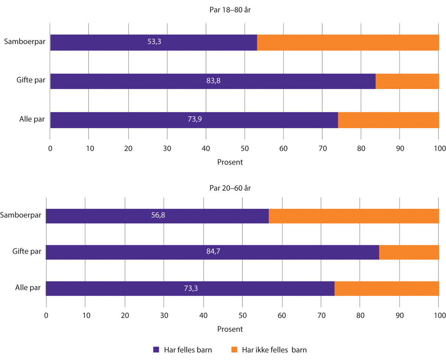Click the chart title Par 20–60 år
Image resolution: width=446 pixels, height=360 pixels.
[230, 188]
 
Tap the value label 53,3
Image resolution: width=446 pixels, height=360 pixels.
[154, 42]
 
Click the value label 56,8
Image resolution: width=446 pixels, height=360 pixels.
[157, 215]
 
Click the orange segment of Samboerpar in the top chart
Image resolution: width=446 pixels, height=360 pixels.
[348, 43]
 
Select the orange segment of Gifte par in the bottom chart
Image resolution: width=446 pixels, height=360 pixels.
[408, 252]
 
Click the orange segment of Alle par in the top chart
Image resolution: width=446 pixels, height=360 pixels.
[388, 120]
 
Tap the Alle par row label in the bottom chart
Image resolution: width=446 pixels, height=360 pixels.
[28, 288]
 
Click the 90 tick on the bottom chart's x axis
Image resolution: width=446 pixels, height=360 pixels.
[400, 316]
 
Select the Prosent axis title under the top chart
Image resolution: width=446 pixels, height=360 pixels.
[230, 162]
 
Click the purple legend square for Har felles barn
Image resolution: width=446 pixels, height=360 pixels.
[156, 350]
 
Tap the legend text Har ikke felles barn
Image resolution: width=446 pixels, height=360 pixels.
[274, 350]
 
